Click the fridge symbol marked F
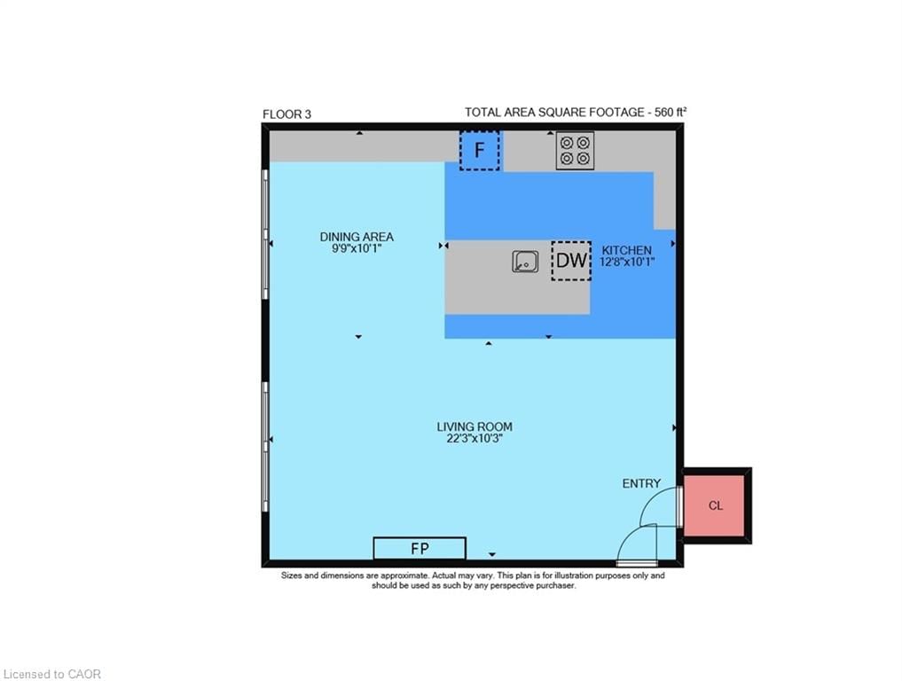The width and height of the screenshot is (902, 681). click(479, 151)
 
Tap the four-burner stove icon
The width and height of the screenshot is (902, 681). click(575, 150)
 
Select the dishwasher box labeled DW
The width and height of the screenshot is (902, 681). click(571, 261)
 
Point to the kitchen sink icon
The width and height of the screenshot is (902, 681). click(525, 261)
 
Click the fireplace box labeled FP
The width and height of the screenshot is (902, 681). click(420, 548)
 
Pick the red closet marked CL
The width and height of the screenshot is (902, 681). click(715, 505)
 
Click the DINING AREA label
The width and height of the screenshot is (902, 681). click(357, 237)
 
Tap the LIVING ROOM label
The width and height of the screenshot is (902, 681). click(475, 427)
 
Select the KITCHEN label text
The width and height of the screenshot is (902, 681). click(626, 250)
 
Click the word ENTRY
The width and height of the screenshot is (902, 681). click(641, 484)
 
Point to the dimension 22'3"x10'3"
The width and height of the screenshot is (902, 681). click(475, 438)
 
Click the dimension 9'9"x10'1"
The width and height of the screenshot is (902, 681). click(357, 248)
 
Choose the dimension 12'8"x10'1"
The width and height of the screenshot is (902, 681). click(627, 262)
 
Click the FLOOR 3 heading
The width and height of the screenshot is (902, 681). click(286, 114)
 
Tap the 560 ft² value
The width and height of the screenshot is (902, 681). click(671, 112)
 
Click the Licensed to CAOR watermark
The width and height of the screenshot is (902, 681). click(51, 674)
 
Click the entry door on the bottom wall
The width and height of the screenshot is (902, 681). click(637, 563)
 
